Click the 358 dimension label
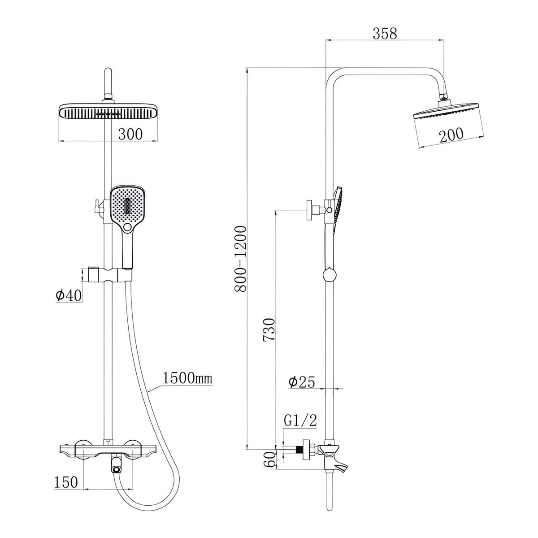click(384, 34)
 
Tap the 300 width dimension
click(130, 134)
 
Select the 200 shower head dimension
click(451, 135)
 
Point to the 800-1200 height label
click(240, 259)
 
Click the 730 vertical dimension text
click(269, 330)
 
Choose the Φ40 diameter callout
click(69, 295)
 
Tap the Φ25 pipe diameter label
click(302, 382)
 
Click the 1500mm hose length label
click(187, 378)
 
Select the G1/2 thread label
click(300, 421)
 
